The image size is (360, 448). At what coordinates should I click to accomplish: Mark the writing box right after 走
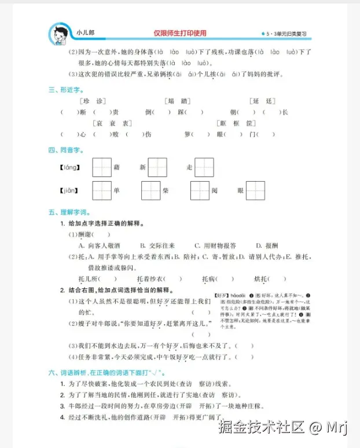point(204,168)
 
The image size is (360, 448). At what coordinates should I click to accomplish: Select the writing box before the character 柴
point(150,190)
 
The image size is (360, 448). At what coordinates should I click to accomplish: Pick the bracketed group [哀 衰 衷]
point(112,123)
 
